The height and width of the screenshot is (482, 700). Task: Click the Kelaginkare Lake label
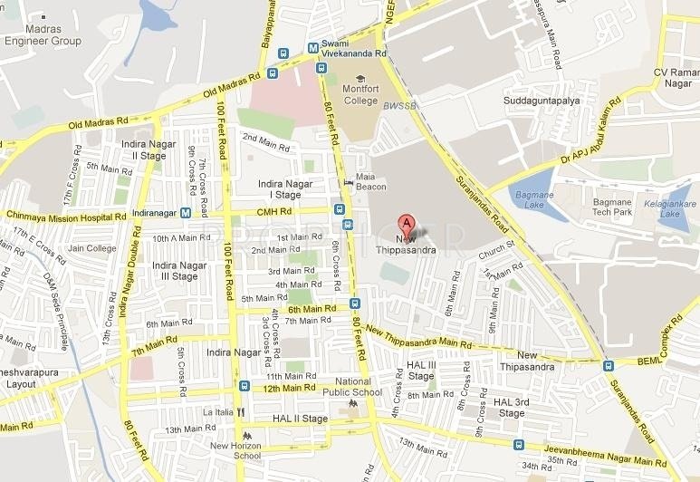click(670, 209)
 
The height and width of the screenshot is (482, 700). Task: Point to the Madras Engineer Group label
click(42, 34)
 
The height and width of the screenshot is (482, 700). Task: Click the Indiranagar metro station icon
click(185, 214)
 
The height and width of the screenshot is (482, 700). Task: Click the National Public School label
click(352, 387)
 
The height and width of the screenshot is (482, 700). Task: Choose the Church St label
click(497, 246)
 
